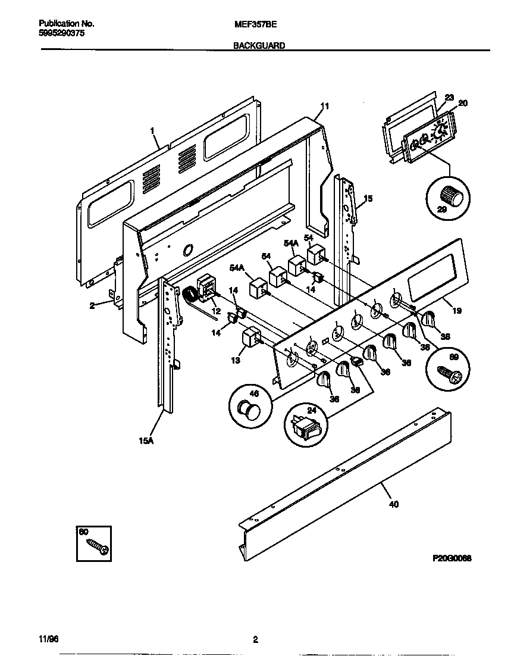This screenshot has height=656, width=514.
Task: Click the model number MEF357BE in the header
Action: point(254,24)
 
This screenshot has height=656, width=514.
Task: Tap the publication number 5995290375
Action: point(61,34)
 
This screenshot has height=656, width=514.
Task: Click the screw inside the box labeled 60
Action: point(97,546)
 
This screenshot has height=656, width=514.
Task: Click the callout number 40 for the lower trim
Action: point(394,504)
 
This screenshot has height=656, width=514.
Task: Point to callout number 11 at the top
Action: point(324,107)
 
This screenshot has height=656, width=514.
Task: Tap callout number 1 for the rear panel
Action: point(152,130)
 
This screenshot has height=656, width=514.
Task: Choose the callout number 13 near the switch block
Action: point(235,360)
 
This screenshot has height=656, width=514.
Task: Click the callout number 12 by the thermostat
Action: point(215,311)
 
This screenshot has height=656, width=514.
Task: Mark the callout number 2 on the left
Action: point(92,305)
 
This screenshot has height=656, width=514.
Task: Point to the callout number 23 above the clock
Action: point(449,98)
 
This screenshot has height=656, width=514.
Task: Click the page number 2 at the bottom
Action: point(255,640)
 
